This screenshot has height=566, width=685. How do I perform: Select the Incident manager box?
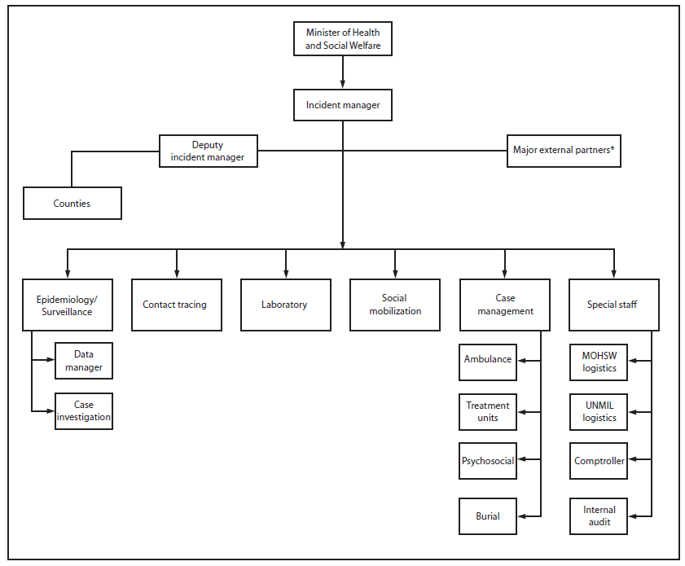(x=343, y=105)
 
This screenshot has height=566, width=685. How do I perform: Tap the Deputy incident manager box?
(x=208, y=151)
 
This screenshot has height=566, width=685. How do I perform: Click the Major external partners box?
(x=564, y=151)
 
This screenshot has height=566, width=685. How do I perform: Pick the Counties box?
(x=72, y=204)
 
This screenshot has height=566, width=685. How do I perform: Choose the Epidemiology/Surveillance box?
(x=67, y=305)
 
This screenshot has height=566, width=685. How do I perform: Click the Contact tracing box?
(x=176, y=305)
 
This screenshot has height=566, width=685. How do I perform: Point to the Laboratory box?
(x=285, y=305)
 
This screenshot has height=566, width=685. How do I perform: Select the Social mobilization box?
(x=395, y=305)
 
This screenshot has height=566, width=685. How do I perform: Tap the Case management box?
(x=504, y=305)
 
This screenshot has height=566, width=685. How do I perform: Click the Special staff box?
(x=613, y=305)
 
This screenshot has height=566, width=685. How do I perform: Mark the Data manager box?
(x=83, y=361)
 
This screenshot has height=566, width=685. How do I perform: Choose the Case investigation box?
(x=83, y=411)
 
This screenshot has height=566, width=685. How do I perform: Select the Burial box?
(x=488, y=516)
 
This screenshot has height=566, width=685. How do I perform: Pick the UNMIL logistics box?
(x=599, y=411)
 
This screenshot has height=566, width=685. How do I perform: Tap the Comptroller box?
(x=599, y=461)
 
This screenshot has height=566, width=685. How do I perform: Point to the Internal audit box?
(x=599, y=516)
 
